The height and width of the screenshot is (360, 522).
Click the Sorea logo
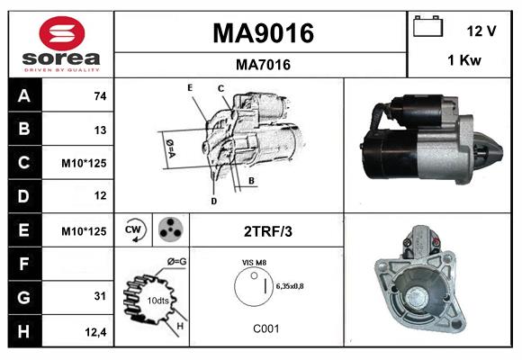tap(60, 44)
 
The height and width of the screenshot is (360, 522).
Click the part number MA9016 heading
tap(263, 33)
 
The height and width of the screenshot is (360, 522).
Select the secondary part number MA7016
tap(263, 64)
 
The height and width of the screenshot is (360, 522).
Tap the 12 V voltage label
tap(481, 31)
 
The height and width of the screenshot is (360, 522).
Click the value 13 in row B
tap(100, 130)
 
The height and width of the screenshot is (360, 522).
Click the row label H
tap(24, 331)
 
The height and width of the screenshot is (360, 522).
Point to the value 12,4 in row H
tap(96, 331)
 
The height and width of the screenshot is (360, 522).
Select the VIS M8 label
tap(254, 262)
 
